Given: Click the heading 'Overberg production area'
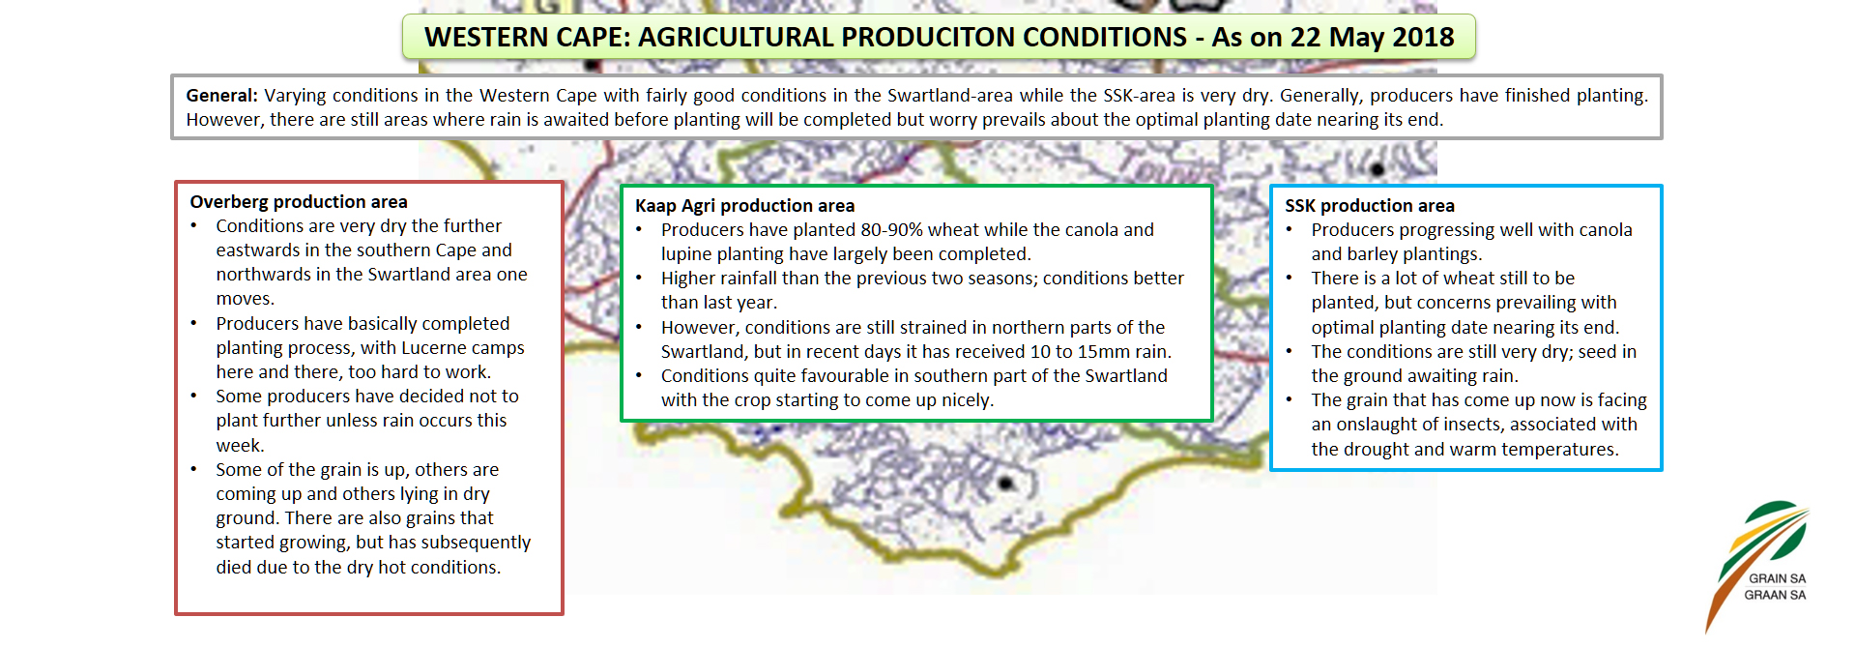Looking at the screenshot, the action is [299, 202].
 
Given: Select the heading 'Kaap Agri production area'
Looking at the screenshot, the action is [744, 206].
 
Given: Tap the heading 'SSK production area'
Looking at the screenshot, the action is [1369, 206].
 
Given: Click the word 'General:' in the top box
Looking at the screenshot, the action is [222, 96].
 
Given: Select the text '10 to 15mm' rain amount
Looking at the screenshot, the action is [1080, 352].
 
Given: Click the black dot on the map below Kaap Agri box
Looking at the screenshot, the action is [1005, 483].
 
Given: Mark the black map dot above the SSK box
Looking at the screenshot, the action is [1377, 169].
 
